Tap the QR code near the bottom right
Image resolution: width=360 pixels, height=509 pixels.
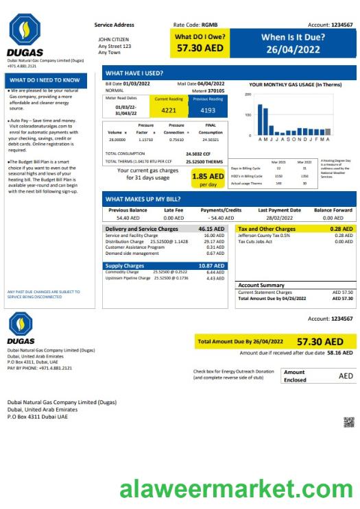[348, 421]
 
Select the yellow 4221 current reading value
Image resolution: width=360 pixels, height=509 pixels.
[169, 110]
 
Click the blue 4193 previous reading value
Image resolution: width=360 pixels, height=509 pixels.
[207, 110]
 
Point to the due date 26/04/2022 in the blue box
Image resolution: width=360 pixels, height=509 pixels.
[293, 49]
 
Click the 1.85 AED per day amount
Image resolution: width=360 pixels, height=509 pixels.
[207, 177]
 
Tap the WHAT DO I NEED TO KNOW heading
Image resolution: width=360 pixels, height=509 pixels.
[45, 80]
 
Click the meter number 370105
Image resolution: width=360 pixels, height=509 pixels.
[215, 90]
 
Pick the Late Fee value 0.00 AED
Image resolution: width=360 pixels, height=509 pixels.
[173, 217]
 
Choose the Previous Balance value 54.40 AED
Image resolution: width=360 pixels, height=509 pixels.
[128, 217]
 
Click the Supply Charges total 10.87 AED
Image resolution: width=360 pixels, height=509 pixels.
[211, 265]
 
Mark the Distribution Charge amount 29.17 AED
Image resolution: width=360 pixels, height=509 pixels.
[215, 242]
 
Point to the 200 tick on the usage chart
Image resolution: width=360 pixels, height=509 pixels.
[248, 95]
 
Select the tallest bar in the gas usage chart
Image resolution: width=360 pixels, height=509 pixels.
[261, 120]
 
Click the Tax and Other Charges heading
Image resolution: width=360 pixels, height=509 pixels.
[266, 229]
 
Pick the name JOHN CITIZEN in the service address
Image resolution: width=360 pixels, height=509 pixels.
[113, 40]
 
